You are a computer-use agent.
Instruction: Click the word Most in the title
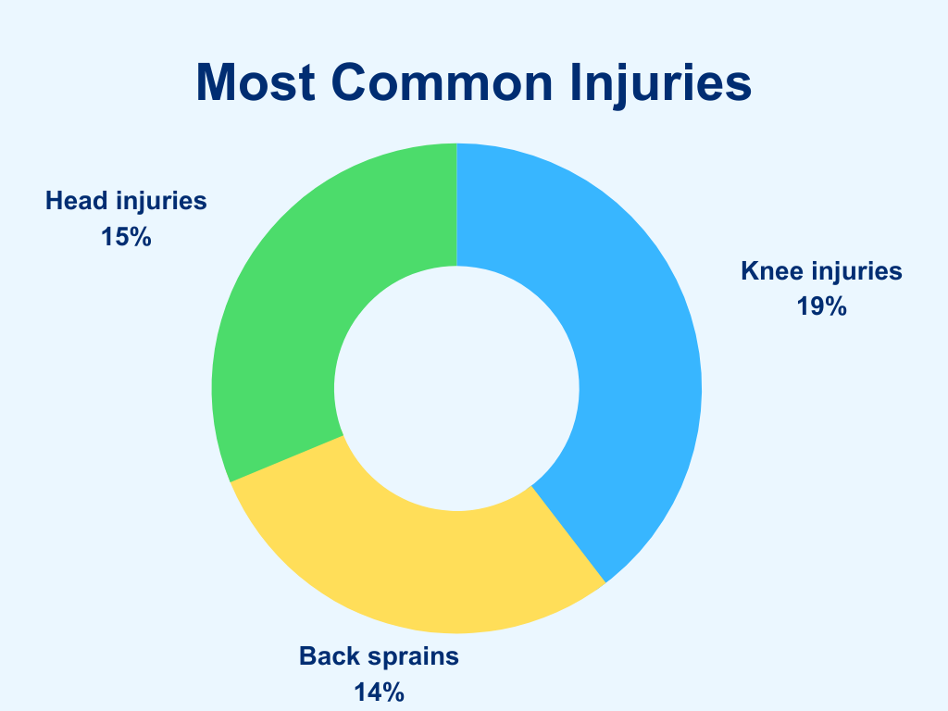pyautogui.click(x=256, y=82)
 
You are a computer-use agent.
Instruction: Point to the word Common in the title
pyautogui.click(x=442, y=82)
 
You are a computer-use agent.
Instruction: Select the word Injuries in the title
pyautogui.click(x=661, y=83)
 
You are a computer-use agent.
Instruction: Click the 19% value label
pyautogui.click(x=821, y=306)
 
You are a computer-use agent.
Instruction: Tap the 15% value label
pyautogui.click(x=126, y=237)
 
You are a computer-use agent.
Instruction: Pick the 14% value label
pyautogui.click(x=379, y=692)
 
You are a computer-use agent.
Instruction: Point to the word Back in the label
pyautogui.click(x=326, y=656)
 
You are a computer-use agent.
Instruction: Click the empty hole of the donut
pyautogui.click(x=456, y=388)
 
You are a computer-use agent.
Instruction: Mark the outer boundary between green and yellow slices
pyautogui.click(x=231, y=482)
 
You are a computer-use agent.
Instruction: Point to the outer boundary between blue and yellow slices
pyautogui.click(x=605, y=583)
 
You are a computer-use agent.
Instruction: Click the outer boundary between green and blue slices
pyautogui.click(x=456, y=143)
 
